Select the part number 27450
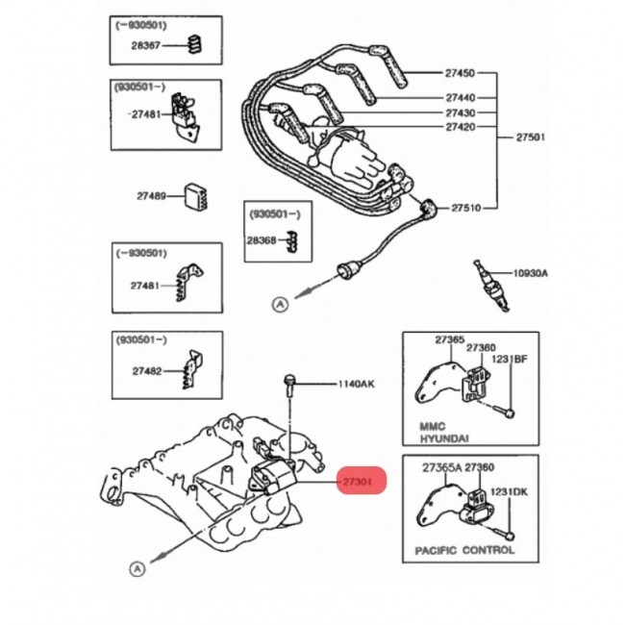coord(460,72)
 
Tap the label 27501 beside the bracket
coord(531,137)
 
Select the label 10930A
coord(530,273)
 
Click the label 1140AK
coord(355,384)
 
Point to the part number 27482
coord(147,370)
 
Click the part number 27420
coord(460,127)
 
